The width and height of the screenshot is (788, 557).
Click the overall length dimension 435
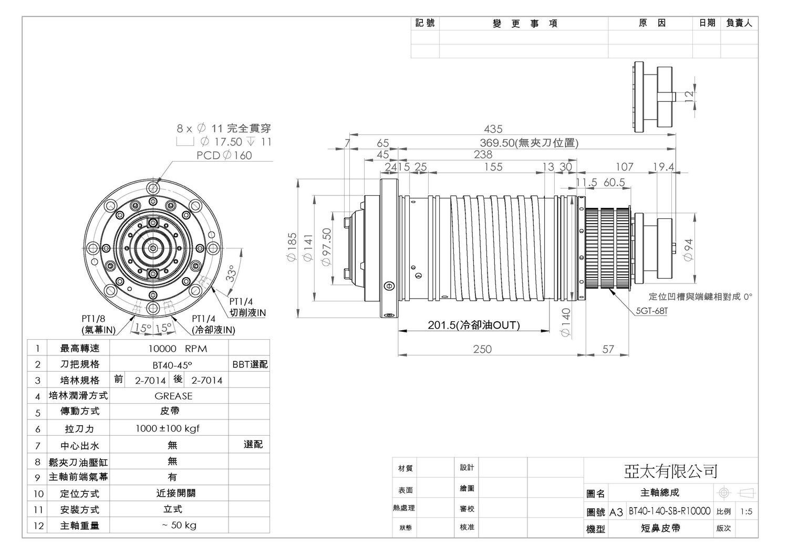click(493, 129)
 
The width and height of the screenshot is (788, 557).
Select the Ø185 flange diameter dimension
click(292, 247)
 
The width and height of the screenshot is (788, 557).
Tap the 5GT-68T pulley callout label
click(651, 311)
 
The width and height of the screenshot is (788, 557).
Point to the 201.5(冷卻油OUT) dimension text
click(473, 325)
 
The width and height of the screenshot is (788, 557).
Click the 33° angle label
click(231, 274)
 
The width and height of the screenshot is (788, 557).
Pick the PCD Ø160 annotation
click(224, 155)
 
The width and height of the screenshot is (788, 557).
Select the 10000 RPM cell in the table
click(178, 349)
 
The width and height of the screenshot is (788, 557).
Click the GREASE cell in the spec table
click(173, 396)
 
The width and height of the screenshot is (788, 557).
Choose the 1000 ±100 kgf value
click(168, 428)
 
